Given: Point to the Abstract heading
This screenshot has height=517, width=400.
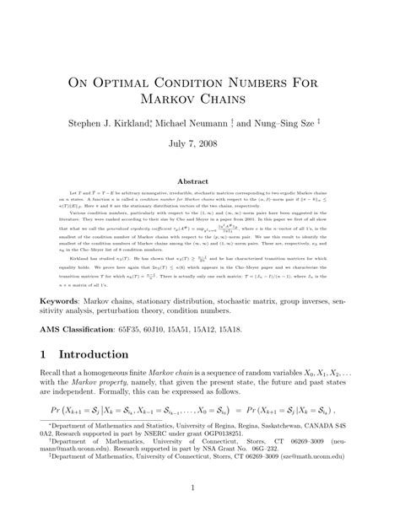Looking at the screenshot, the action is [199, 180].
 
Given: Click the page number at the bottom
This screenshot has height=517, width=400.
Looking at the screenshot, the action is [200, 487].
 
